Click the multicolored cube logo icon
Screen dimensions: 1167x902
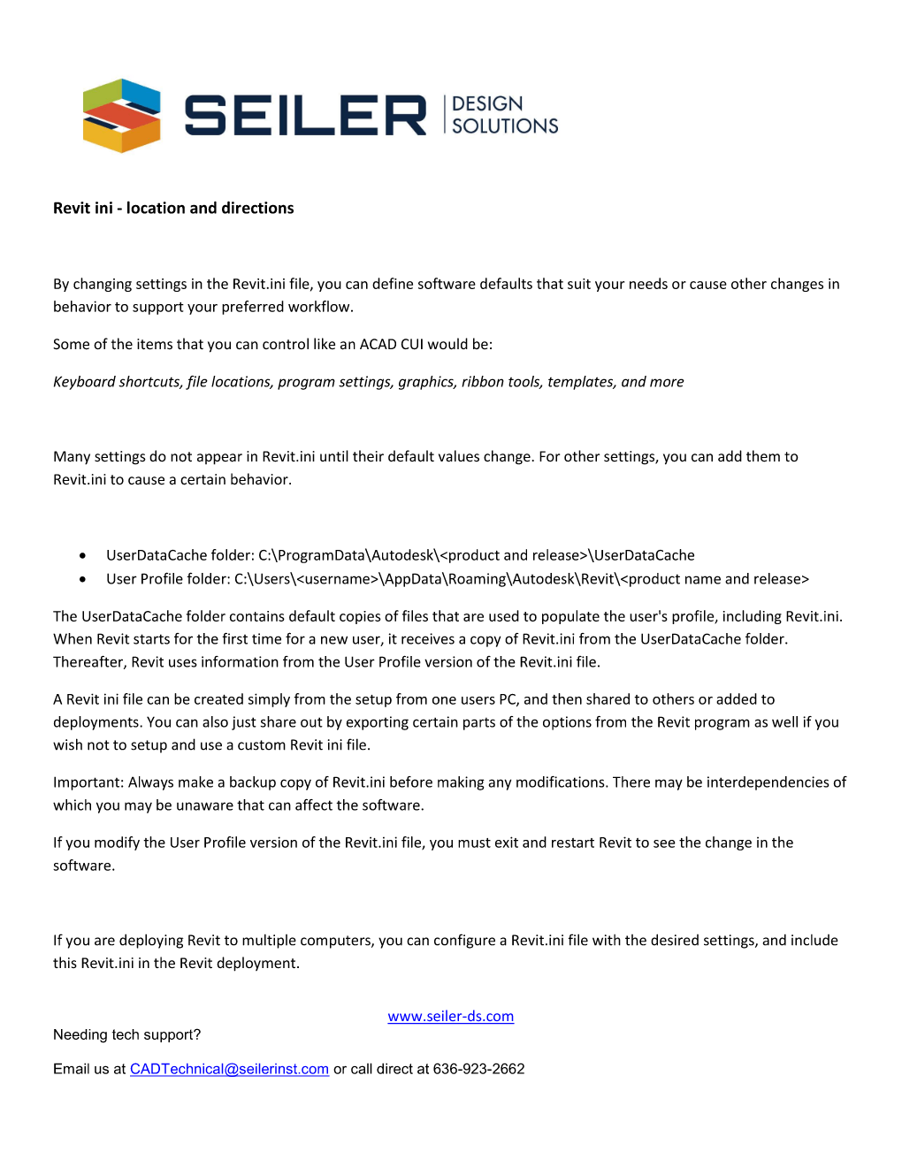pos(122,116)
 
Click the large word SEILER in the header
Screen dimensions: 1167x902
pos(305,116)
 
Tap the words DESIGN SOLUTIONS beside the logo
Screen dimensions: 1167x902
pos(504,115)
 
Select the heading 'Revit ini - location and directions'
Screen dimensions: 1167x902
pos(173,208)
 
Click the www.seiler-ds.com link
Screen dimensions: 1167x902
pos(450,1017)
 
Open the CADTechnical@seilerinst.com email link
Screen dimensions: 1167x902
pos(229,1069)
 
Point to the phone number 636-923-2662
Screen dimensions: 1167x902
pos(478,1069)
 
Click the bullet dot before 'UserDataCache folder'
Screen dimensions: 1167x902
pos(82,556)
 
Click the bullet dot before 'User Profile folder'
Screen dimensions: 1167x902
pos(82,580)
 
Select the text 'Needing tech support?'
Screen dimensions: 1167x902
pos(126,1034)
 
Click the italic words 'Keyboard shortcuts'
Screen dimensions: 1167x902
pos(117,382)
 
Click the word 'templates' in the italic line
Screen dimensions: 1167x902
pos(580,382)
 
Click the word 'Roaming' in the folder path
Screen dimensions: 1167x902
pos(476,579)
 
